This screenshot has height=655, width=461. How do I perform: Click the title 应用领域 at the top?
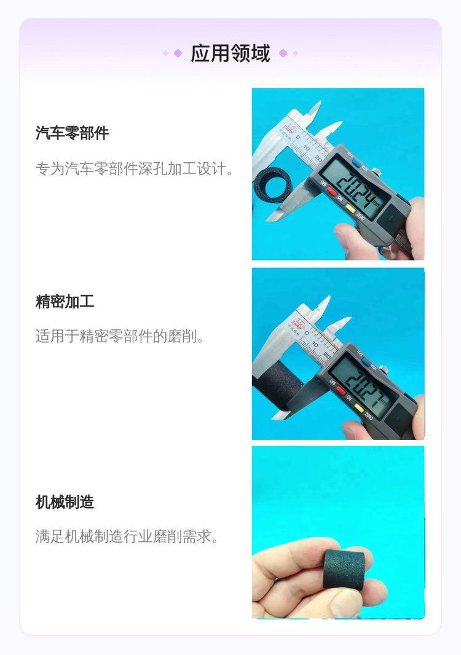[230, 53]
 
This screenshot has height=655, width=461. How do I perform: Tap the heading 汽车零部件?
[73, 133]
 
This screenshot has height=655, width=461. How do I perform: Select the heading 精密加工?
[65, 301]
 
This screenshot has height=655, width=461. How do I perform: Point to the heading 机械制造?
[65, 501]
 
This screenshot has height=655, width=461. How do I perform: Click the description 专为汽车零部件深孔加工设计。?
[135, 169]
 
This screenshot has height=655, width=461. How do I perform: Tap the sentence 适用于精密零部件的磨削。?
[120, 336]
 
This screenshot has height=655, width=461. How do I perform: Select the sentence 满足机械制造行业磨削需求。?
[127, 536]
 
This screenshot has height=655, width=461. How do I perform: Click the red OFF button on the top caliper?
[331, 192]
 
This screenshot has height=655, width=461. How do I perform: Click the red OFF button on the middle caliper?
[341, 391]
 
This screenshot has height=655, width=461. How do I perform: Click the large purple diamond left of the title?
[178, 53]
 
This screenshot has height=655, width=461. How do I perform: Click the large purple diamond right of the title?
[283, 53]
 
